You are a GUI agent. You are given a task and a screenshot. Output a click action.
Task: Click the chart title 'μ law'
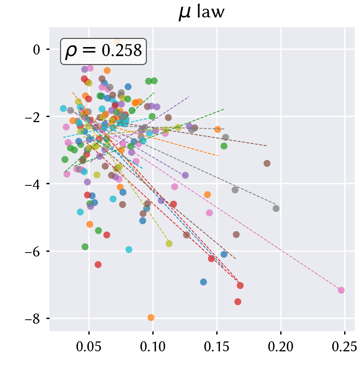point(201,12)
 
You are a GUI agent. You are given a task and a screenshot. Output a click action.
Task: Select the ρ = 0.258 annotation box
point(103,51)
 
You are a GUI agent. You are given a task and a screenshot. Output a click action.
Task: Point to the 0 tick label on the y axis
point(37,50)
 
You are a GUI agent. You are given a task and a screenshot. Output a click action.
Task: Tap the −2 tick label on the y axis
point(33,117)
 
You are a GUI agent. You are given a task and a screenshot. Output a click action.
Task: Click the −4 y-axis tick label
point(33,184)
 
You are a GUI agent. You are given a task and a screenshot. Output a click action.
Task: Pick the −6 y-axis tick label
point(33,252)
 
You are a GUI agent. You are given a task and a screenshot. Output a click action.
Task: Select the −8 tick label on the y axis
point(33,319)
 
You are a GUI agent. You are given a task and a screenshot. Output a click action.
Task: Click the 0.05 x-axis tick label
point(88,347)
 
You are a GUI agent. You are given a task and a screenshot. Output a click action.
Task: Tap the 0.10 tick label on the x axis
point(153,347)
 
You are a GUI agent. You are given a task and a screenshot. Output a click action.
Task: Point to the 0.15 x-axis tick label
point(217,347)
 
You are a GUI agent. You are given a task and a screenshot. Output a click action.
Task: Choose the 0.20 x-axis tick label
point(281,347)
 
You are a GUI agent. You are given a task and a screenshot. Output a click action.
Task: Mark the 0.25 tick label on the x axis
point(345,347)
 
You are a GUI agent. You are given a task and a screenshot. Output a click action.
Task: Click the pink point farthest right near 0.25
point(341,290)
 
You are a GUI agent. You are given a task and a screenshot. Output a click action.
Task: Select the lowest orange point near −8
point(151,318)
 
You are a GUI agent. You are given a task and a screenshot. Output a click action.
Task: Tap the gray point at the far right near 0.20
point(276,208)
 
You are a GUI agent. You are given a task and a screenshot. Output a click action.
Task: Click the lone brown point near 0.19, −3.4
point(267,163)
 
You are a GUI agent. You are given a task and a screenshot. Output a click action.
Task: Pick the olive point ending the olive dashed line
point(169,243)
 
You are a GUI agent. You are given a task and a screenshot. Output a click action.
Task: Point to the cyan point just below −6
point(129,249)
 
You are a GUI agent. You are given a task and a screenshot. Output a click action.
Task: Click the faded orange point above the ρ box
point(117,41)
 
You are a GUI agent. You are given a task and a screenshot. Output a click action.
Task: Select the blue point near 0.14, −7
point(203,282)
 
